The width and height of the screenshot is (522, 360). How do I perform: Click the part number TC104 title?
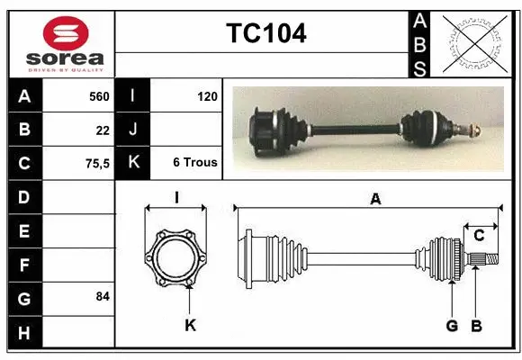tap(265, 33)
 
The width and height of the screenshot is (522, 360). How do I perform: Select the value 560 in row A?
tap(99, 95)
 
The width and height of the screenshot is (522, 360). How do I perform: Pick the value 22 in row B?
tap(103, 130)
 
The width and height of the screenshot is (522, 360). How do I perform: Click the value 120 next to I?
tap(206, 95)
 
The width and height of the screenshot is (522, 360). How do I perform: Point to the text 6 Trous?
tap(195, 163)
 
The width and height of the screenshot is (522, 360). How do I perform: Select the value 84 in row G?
tap(103, 296)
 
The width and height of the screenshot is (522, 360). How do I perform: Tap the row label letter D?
tap(23, 196)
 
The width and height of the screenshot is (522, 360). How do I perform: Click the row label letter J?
tap(132, 130)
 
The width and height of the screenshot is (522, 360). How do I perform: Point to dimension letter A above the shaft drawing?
tap(375, 200)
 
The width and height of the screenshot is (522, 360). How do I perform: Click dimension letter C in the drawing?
tap(480, 236)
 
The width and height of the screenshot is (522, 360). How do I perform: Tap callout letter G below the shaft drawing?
tap(452, 325)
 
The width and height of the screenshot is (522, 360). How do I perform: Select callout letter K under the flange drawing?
tap(190, 325)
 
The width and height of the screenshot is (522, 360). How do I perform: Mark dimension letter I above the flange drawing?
tap(177, 198)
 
